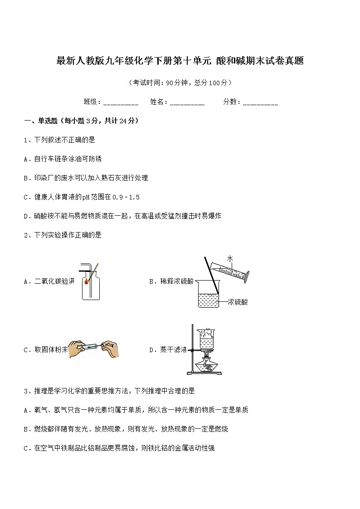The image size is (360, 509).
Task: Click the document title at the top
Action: tap(180, 61)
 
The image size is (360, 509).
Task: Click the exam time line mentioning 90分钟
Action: tap(180, 82)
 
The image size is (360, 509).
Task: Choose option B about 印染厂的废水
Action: tap(86, 178)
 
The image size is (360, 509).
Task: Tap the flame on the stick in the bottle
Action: tap(87, 281)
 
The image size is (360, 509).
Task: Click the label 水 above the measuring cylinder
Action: tap(230, 258)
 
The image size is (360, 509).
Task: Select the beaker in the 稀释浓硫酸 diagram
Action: tap(209, 295)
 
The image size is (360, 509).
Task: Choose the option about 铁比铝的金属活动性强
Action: tap(119, 448)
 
